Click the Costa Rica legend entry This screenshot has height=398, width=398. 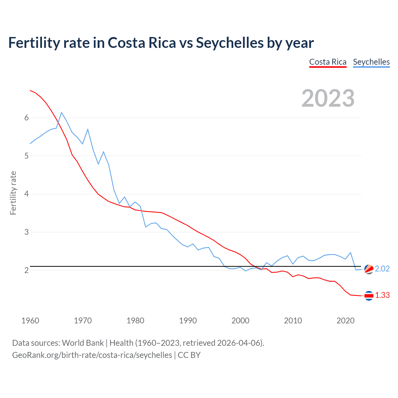(328, 62)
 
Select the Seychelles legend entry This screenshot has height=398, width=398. (371, 62)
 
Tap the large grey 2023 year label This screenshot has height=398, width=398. (328, 98)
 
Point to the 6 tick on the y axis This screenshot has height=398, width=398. (26, 118)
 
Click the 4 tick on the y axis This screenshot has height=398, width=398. (26, 194)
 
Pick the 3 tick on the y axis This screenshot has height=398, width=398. (26, 232)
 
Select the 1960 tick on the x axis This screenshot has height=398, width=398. (30, 321)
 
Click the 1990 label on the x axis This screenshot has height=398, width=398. (188, 321)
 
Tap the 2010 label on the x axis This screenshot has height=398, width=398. (293, 321)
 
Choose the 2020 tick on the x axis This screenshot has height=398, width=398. (345, 321)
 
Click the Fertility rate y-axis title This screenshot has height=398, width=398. (13, 193)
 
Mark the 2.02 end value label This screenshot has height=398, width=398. (382, 269)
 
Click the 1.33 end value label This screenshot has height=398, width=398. (382, 295)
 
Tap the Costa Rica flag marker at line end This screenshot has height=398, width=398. (369, 296)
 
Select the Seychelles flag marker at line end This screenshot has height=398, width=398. (369, 269)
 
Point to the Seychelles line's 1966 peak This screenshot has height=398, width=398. (62, 112)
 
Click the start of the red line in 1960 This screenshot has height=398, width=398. (30, 90)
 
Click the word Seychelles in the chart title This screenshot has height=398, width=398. (229, 43)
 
